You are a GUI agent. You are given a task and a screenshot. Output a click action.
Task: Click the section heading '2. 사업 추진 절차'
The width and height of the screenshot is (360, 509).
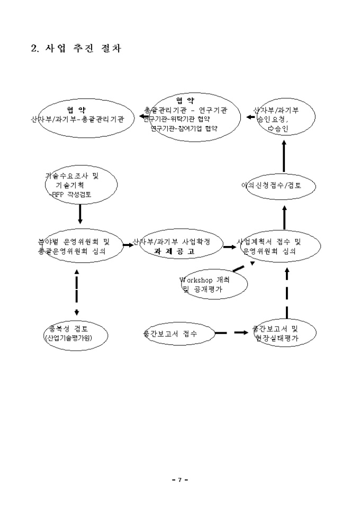tap(76, 49)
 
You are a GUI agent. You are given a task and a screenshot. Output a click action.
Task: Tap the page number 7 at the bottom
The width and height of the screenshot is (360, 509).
tap(179, 479)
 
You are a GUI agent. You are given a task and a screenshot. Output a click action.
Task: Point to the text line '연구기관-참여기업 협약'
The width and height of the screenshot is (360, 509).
tap(184, 129)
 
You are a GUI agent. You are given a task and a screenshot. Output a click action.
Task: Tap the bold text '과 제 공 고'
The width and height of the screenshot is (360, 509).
tap(175, 252)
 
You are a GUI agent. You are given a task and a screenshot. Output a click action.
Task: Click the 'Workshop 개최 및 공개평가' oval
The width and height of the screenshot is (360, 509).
tap(212, 285)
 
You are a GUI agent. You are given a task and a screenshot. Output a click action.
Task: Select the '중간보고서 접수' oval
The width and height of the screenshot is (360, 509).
tap(178, 333)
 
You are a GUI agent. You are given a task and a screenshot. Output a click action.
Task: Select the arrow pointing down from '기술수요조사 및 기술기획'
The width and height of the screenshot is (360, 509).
tap(80, 213)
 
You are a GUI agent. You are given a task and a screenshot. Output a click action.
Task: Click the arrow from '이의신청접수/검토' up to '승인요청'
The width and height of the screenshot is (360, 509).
tap(284, 156)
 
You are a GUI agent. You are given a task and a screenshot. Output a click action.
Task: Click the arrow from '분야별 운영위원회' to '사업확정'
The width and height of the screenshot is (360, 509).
tap(128, 245)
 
